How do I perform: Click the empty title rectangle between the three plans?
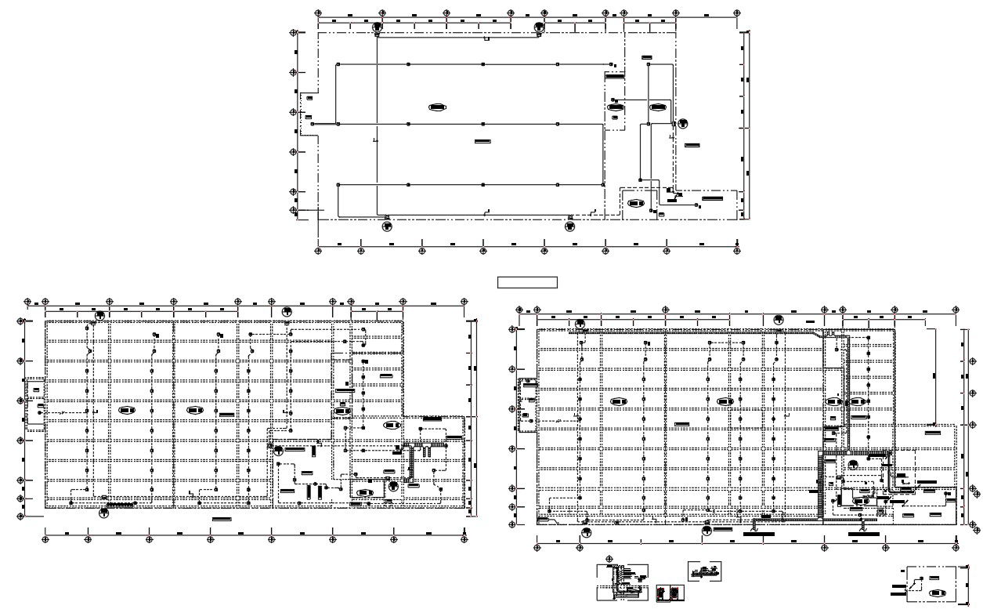coord(527,282)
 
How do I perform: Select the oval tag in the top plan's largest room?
coord(438,107)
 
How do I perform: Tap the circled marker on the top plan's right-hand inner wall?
coord(683,123)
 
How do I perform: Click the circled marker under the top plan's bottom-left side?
coord(387,227)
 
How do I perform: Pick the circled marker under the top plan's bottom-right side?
coord(569,227)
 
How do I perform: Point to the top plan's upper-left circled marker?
coord(377,27)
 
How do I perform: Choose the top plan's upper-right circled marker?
coord(539,27)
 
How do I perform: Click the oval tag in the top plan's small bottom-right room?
coord(635,204)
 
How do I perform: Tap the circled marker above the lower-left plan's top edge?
coord(287,311)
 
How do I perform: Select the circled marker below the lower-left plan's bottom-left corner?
coord(103,513)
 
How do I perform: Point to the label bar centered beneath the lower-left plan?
coord(222,519)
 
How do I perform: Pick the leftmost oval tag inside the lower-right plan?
coord(619,401)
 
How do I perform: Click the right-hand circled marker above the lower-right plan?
coord(779,319)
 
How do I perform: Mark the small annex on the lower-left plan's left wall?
coord(35,404)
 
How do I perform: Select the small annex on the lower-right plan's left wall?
coord(527,405)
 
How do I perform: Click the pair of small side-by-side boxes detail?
coord(666,593)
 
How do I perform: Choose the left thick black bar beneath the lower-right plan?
coord(757,534)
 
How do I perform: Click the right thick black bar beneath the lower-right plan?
coord(863,534)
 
